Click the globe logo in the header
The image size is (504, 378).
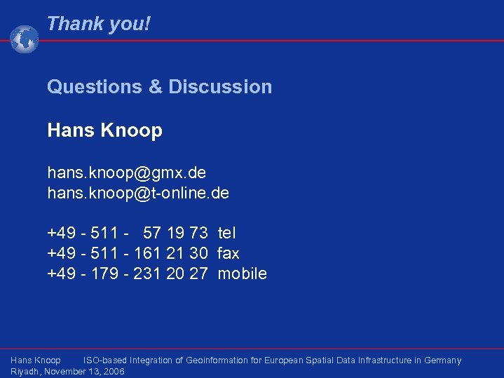coord(25,39)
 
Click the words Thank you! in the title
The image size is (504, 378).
coord(98,24)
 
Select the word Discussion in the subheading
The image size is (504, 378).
coord(220,87)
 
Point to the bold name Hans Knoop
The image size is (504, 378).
coord(104,130)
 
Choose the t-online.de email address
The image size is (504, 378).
coord(138,193)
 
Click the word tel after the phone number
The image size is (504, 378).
coord(226,233)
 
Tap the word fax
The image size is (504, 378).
coord(229,253)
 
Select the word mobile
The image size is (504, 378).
coord(242,274)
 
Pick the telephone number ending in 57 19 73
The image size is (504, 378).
coord(128,233)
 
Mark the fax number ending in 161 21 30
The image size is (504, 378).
coord(128,253)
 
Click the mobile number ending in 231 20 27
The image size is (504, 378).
coord(128,274)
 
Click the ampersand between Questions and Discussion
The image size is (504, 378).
coord(155,87)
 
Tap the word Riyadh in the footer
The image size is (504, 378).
coord(25,372)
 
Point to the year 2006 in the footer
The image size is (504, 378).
coord(112,372)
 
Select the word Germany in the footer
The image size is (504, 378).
coord(442,360)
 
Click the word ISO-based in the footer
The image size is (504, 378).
coord(105,360)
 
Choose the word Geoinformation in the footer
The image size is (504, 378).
coord(217,360)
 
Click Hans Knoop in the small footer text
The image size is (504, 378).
coord(36,360)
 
